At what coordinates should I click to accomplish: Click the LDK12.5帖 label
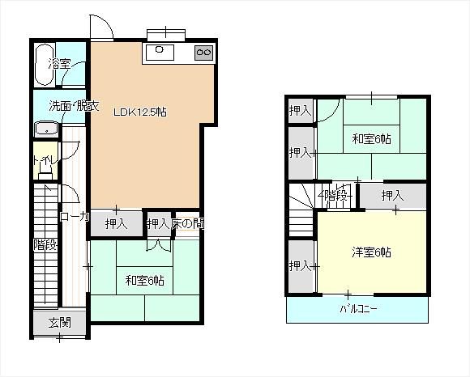click(139, 112)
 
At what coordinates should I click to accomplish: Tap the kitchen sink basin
click(160, 53)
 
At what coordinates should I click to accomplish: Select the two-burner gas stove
click(204, 53)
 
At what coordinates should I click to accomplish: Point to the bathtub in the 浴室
click(45, 65)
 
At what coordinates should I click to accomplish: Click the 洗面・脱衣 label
click(74, 106)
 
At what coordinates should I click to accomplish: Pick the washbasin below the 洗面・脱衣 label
click(46, 129)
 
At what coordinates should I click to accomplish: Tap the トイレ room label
click(45, 160)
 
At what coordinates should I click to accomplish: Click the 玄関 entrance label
click(60, 323)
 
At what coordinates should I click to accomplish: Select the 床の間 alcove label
click(188, 223)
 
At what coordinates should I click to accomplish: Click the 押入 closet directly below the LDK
click(117, 223)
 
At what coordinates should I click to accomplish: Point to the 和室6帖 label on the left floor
click(144, 281)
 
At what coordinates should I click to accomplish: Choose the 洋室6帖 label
click(371, 252)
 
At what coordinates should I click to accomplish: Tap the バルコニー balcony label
click(358, 308)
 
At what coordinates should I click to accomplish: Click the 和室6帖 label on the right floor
click(371, 139)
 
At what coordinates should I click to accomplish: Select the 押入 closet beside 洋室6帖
click(301, 266)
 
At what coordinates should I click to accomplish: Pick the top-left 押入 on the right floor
click(301, 111)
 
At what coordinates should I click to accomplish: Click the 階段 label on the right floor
click(335, 196)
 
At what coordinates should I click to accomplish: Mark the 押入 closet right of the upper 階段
click(393, 196)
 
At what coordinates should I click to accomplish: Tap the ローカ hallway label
click(75, 217)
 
